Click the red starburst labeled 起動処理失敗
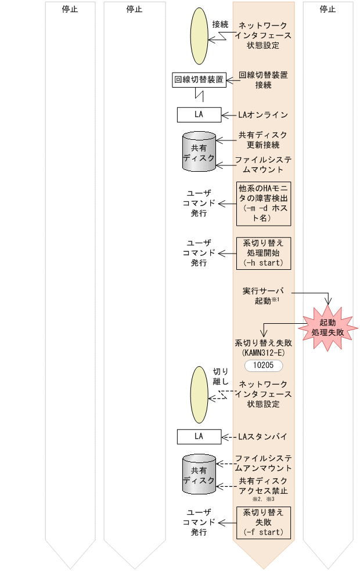(x=327, y=328)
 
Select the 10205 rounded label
(x=264, y=366)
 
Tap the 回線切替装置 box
(x=199, y=80)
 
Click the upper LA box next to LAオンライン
(x=199, y=115)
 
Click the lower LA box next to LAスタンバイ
(x=199, y=436)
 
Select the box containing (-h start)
(x=264, y=253)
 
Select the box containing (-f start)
(x=264, y=522)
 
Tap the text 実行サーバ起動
(x=263, y=295)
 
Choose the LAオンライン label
(x=263, y=115)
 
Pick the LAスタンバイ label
(x=263, y=436)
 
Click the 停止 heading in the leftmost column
(x=70, y=9)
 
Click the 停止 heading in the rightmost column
(x=327, y=9)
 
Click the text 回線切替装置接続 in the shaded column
(x=263, y=80)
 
